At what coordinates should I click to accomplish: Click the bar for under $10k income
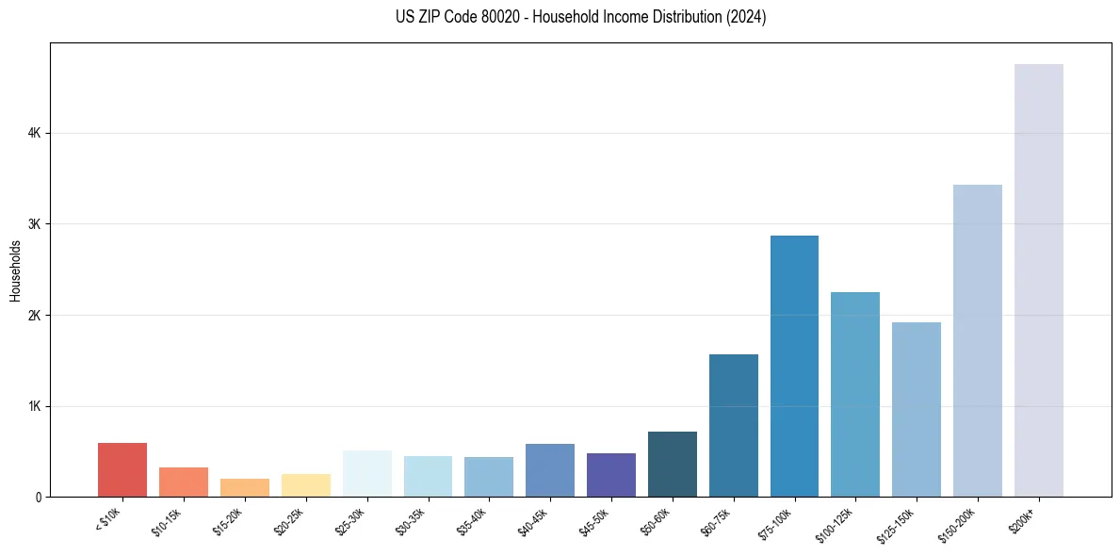[122, 469]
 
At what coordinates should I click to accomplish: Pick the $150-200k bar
[977, 340]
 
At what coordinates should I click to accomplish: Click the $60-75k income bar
[733, 425]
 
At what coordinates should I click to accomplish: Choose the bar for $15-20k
[245, 487]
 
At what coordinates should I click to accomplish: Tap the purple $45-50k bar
[611, 475]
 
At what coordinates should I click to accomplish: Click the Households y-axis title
[15, 270]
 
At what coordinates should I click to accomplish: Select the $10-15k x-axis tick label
[167, 521]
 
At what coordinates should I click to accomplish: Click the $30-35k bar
[428, 476]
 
